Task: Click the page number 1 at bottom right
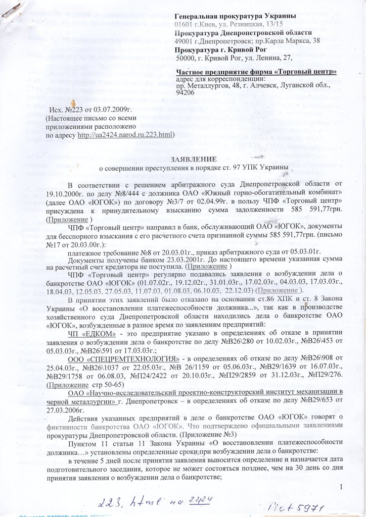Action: [x=342, y=486]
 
